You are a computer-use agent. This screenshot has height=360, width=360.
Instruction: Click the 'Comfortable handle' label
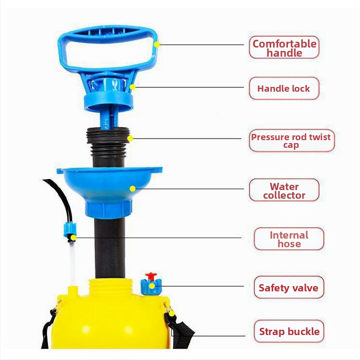284,48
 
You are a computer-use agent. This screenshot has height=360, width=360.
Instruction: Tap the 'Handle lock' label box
284,88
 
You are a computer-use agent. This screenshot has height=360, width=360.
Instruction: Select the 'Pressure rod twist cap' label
291,141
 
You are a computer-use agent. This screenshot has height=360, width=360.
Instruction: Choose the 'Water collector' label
284,190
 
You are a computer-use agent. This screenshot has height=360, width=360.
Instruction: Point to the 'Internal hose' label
289,239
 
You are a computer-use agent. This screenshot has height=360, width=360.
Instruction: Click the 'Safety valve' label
289,288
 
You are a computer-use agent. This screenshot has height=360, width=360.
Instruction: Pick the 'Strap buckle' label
289,331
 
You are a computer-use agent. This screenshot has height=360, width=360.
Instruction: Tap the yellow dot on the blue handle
156,45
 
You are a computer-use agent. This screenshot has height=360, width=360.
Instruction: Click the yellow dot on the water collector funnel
132,189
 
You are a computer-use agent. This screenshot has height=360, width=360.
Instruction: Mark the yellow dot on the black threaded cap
130,138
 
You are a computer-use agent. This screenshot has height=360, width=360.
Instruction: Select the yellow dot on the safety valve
152,286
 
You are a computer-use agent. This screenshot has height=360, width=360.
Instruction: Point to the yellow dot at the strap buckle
171,313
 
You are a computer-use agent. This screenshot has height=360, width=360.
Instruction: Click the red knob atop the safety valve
151,276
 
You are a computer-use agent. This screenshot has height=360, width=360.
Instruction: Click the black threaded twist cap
108,142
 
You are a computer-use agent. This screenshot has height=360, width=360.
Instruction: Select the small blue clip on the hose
70,230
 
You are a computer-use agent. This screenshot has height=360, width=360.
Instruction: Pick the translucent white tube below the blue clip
73,264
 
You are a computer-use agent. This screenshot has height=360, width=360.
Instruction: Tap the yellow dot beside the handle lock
132,87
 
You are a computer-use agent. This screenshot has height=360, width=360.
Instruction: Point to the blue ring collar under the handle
108,102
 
